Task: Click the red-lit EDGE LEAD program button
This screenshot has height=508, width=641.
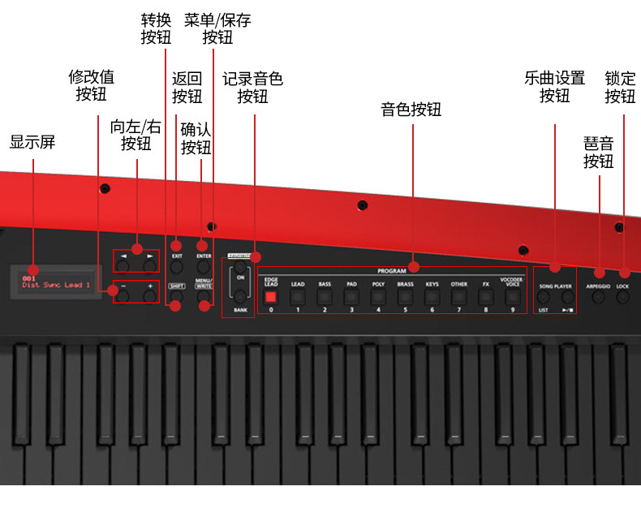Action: [271, 297]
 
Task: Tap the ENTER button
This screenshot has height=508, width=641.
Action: [204, 266]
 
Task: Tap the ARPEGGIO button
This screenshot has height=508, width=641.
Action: [598, 298]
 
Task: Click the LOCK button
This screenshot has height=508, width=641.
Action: [623, 298]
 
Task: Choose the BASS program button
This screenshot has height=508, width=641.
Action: [325, 297]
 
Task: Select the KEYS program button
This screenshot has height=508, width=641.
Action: [432, 297]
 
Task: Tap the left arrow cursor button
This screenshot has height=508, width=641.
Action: [123, 265]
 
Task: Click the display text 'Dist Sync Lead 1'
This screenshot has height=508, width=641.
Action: [57, 286]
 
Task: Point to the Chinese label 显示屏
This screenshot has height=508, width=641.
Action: [32, 142]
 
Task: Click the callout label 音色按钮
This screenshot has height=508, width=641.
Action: [411, 110]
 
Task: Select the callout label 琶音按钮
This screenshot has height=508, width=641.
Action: [599, 152]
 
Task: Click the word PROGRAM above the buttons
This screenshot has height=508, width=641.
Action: [392, 271]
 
